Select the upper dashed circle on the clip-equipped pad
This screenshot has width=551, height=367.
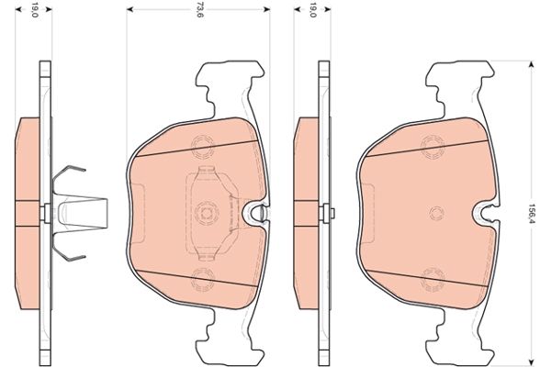click(202, 144)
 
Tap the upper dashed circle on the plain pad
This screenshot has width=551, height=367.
click(432, 144)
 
